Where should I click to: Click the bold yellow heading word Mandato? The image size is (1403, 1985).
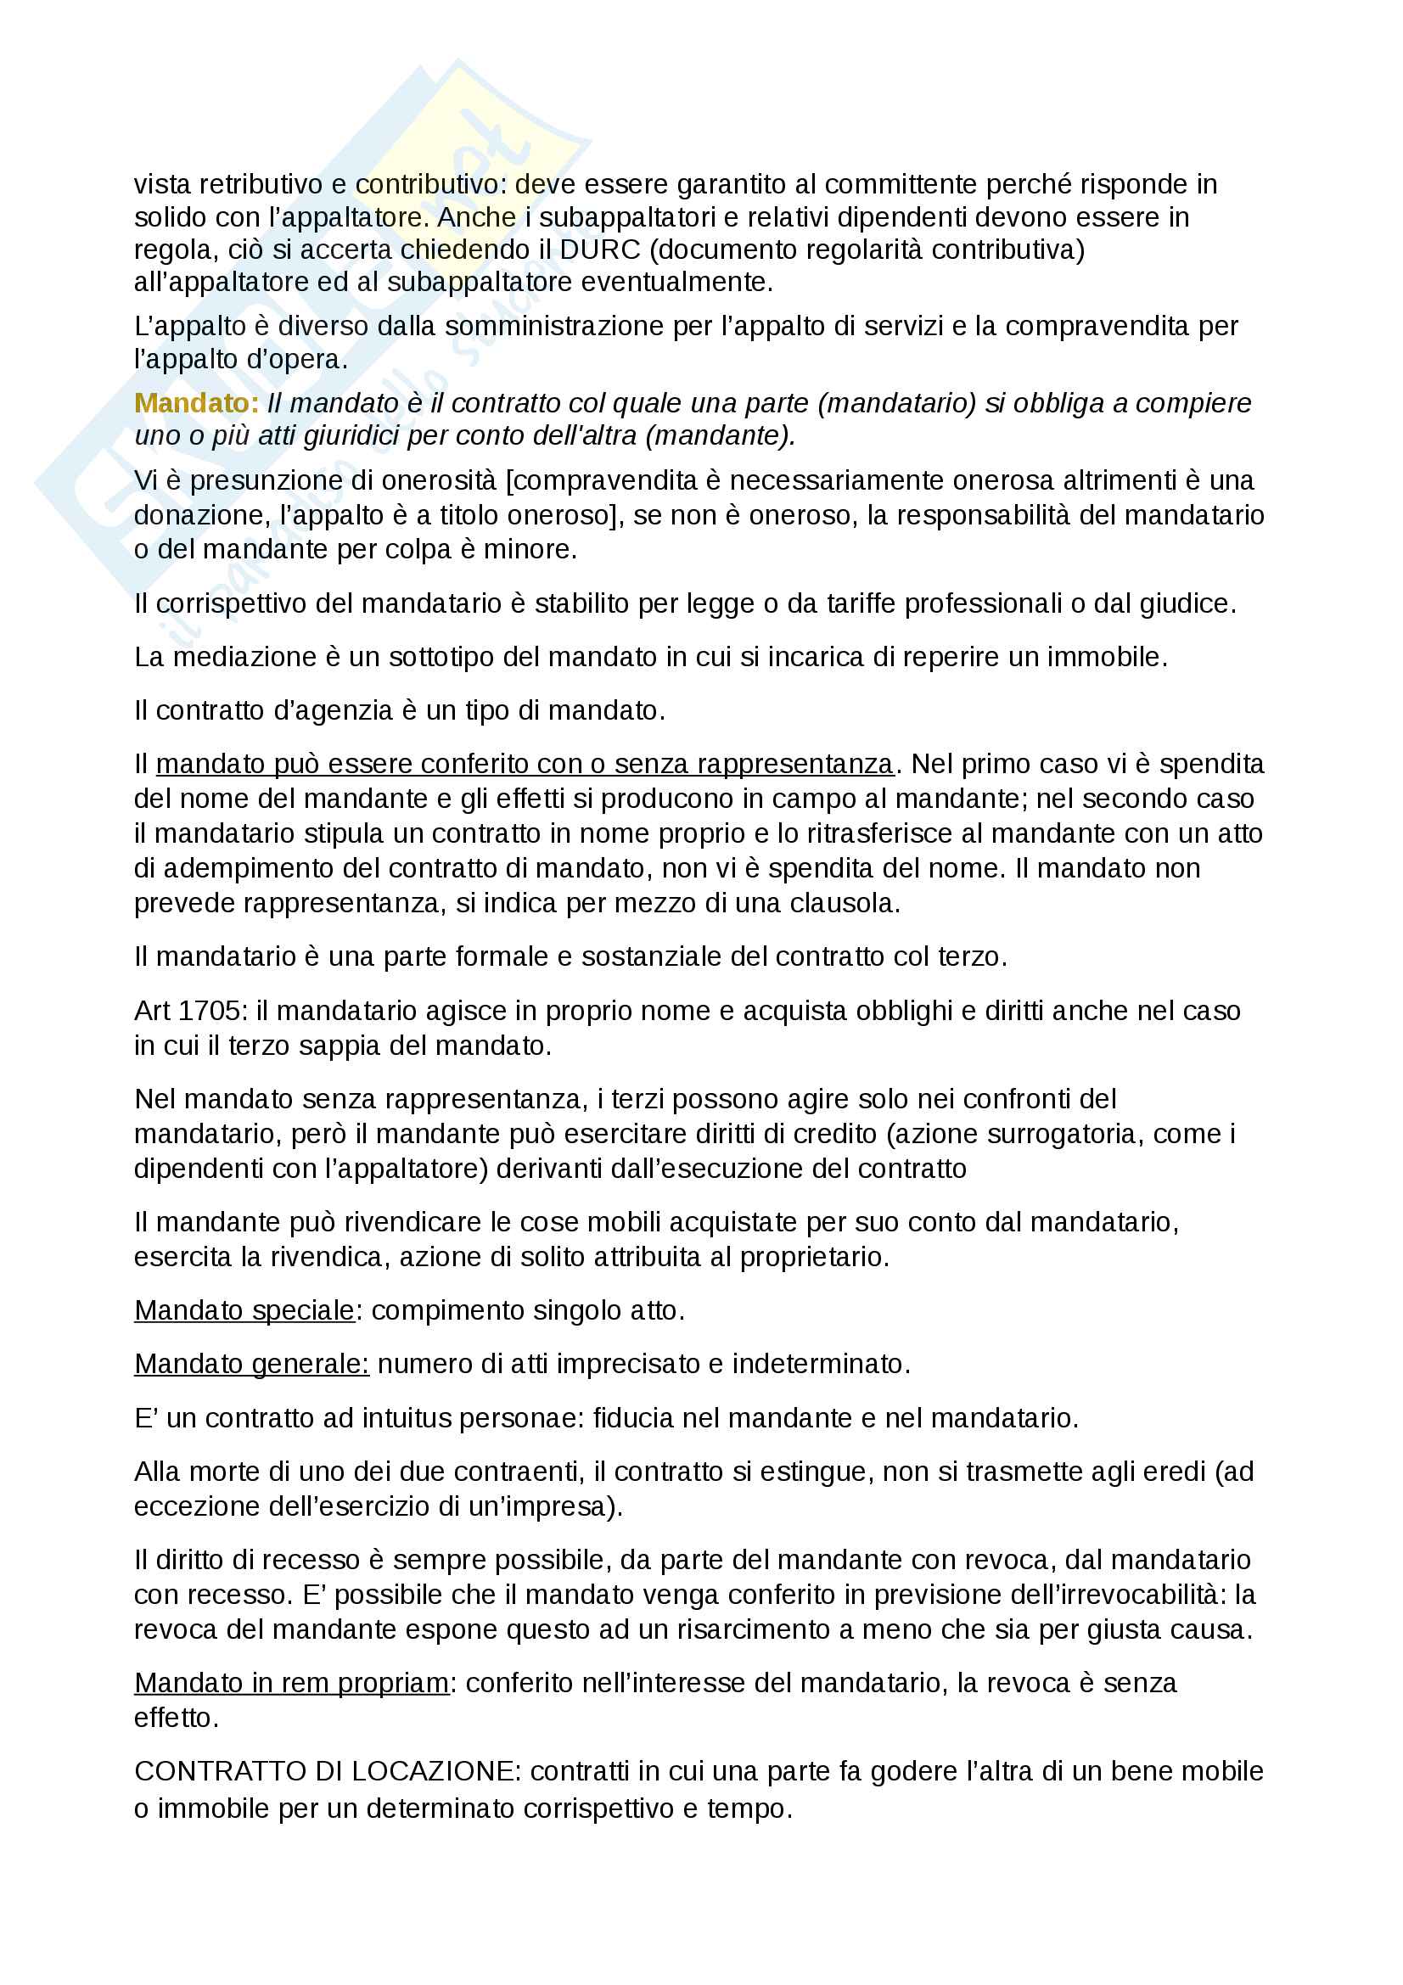pos(196,403)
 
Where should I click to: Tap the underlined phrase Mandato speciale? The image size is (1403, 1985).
pos(244,1310)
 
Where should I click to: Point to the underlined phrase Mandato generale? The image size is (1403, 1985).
pos(251,1365)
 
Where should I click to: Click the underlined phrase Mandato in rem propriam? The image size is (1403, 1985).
pos(291,1683)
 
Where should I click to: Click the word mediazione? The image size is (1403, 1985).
pos(244,657)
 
